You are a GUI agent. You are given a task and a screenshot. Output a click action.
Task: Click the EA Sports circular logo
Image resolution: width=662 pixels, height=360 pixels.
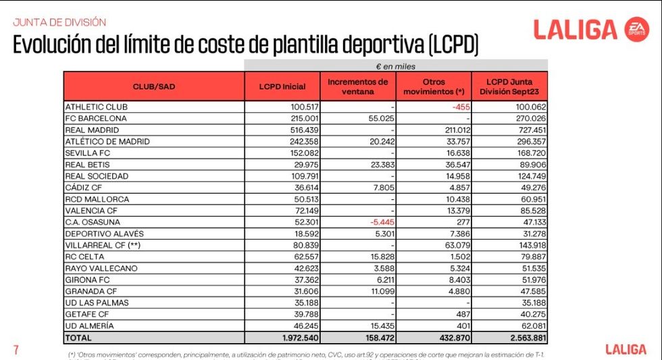pyautogui.click(x=636, y=30)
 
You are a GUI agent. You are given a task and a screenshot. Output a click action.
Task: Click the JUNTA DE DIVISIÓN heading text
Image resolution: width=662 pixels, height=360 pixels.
pyautogui.click(x=59, y=22)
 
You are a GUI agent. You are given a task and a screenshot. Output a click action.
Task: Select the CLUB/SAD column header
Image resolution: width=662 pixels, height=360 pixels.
pyautogui.click(x=154, y=86)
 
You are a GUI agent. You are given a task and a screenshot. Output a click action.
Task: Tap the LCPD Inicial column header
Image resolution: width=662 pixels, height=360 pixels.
pyautogui.click(x=282, y=86)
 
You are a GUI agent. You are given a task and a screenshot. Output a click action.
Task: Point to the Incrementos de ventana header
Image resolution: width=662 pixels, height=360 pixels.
pyautogui.click(x=358, y=86)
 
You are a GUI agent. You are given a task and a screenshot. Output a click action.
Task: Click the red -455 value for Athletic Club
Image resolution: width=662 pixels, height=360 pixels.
pyautogui.click(x=462, y=107)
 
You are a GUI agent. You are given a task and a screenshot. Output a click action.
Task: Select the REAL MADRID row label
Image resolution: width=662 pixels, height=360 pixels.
pyautogui.click(x=92, y=130)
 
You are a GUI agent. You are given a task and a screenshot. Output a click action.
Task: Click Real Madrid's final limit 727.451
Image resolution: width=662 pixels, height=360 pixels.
pyautogui.click(x=529, y=130)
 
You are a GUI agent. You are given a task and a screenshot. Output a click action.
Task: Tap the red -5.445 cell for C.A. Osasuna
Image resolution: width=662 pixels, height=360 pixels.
pyautogui.click(x=374, y=222)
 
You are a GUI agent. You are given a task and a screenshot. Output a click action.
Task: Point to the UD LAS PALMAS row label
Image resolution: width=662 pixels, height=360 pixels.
pyautogui.click(x=97, y=303)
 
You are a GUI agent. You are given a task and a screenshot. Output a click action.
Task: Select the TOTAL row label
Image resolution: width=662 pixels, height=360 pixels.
pyautogui.click(x=78, y=337)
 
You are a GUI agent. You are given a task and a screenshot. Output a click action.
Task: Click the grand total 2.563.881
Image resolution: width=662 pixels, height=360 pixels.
pyautogui.click(x=523, y=337)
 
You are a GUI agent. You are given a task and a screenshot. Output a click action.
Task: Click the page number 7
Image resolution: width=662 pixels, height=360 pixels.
pyautogui.click(x=16, y=349)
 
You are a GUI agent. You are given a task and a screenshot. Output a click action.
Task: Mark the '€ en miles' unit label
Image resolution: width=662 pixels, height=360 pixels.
pyautogui.click(x=396, y=66)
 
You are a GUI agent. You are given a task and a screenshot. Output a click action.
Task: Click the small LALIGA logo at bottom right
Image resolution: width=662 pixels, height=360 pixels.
pyautogui.click(x=626, y=349)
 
